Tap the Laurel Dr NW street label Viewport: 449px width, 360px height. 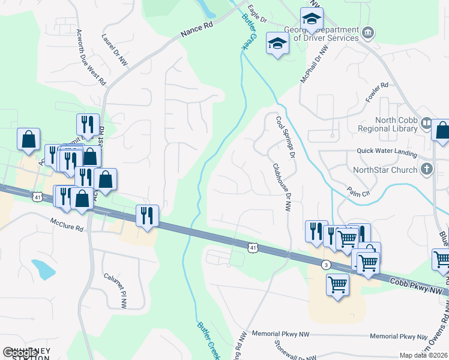tap(116, 49)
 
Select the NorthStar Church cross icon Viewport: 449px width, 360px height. tap(427, 169)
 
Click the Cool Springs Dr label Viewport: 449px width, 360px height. tap(286, 137)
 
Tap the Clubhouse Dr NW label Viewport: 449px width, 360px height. tap(281, 188)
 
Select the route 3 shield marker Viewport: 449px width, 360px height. tap(326, 264)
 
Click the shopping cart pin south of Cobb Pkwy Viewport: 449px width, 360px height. tap(338, 284)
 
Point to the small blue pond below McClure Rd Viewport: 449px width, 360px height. tap(43, 269)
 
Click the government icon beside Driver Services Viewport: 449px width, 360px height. tap(369, 32)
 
